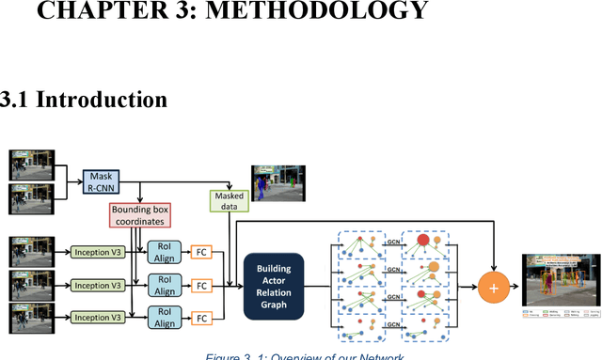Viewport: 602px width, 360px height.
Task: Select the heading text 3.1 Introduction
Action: (x=84, y=99)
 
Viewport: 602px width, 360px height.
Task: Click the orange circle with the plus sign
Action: (x=494, y=285)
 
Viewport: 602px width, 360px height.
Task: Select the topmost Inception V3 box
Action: (x=98, y=252)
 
